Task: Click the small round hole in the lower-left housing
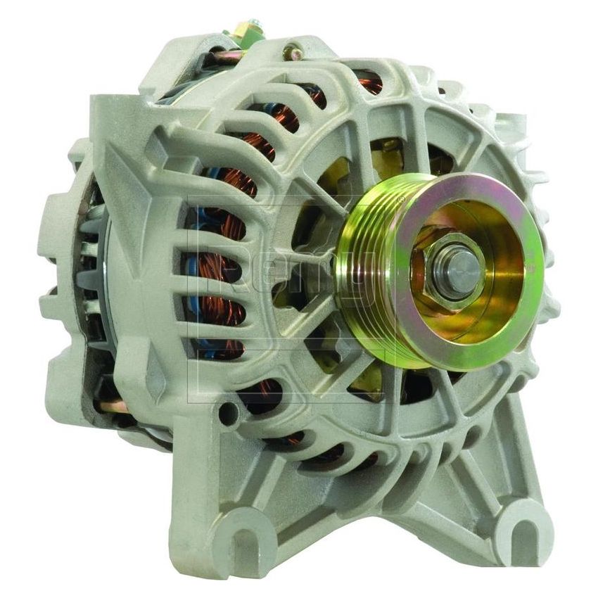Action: pyautogui.click(x=226, y=414)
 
